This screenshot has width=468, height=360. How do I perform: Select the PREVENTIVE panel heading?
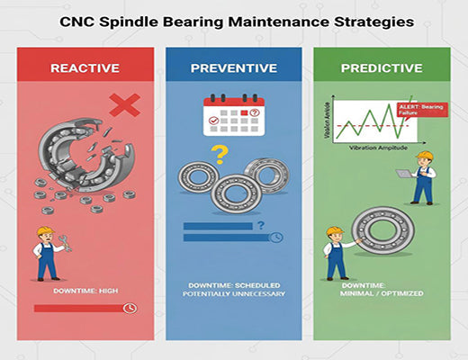point(234,67)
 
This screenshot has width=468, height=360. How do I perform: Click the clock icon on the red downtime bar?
point(131,308)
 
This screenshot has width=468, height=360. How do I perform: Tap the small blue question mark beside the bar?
point(260,225)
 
